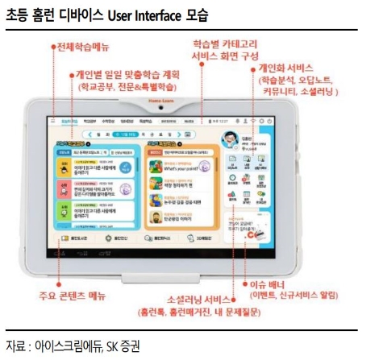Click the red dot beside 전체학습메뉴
(53, 48)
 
